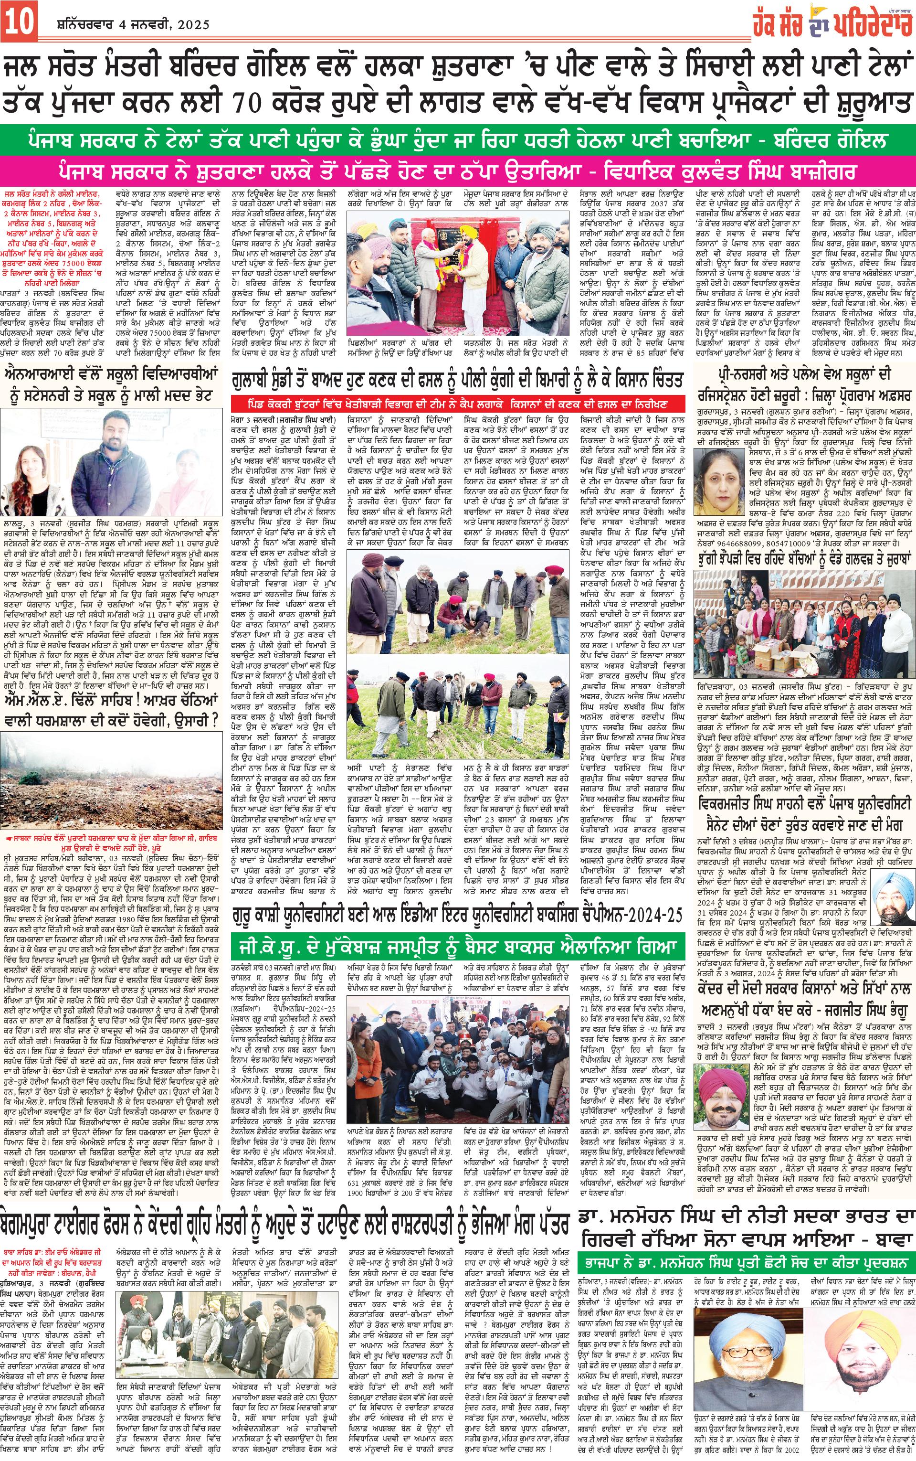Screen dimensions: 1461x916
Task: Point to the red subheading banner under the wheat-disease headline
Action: [457, 403]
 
